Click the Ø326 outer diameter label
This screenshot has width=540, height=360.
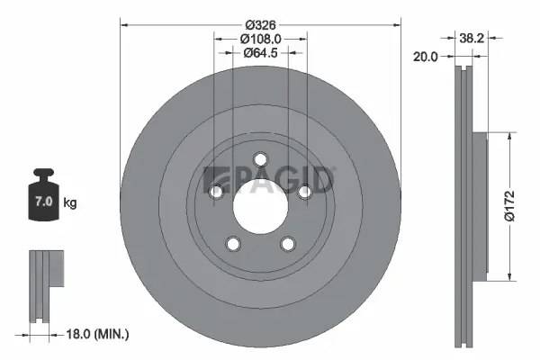(x=259, y=22)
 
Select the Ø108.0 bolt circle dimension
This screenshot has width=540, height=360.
(x=261, y=38)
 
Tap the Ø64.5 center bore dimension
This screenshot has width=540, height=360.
(x=261, y=53)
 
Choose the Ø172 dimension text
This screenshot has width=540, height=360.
(x=510, y=205)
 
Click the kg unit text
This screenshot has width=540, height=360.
(x=71, y=203)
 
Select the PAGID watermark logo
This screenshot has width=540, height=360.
(x=270, y=180)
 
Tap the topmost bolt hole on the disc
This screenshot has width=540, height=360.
(x=260, y=159)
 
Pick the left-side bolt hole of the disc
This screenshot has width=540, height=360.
(x=215, y=192)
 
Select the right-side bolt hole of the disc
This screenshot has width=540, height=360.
(x=305, y=189)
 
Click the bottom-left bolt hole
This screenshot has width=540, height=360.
(x=232, y=244)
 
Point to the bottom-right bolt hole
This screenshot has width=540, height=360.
(x=288, y=243)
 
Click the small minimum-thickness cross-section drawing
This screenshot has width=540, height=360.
(x=45, y=283)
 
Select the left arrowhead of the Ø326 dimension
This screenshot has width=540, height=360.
(x=124, y=22)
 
